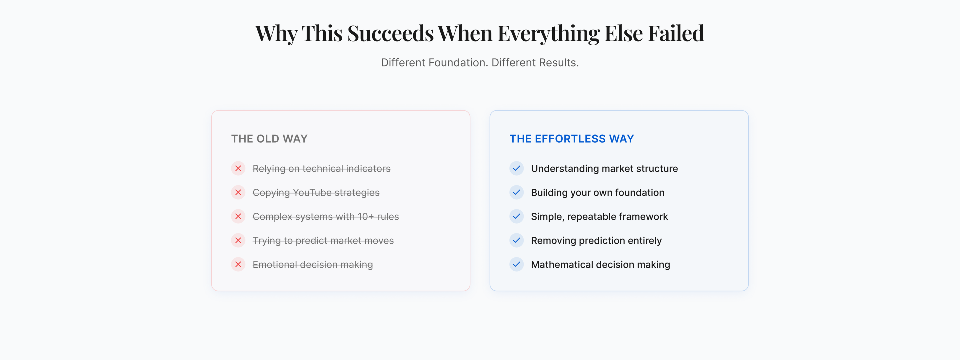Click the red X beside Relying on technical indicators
(238, 168)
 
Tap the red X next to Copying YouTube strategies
(238, 192)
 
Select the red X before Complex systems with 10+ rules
(238, 216)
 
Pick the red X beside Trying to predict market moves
(238, 240)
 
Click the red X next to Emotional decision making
(238, 264)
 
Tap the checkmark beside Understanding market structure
(516, 168)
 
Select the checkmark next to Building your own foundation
(516, 192)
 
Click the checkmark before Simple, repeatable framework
(516, 216)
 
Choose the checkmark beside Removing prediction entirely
(516, 240)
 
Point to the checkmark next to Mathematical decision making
(516, 264)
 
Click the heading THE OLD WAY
(269, 139)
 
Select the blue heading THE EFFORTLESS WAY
(572, 139)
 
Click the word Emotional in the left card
(275, 264)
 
